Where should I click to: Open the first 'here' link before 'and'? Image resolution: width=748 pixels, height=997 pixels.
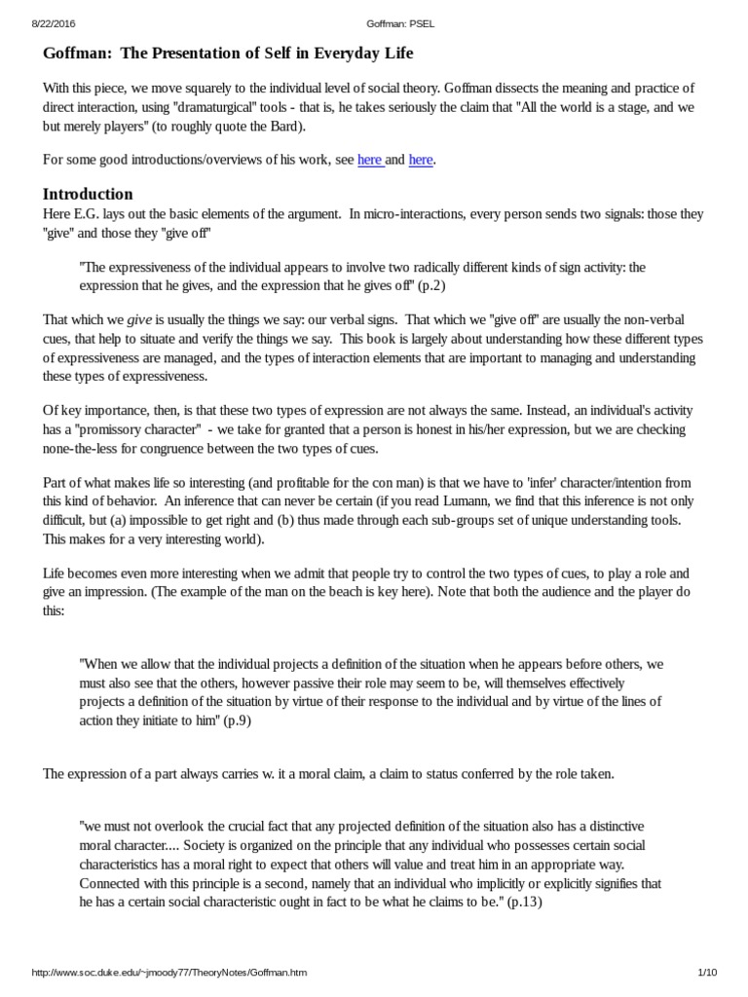(x=370, y=160)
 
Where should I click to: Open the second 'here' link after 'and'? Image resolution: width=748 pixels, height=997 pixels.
(x=421, y=160)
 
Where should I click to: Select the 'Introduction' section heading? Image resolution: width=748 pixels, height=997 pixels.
(x=88, y=193)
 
